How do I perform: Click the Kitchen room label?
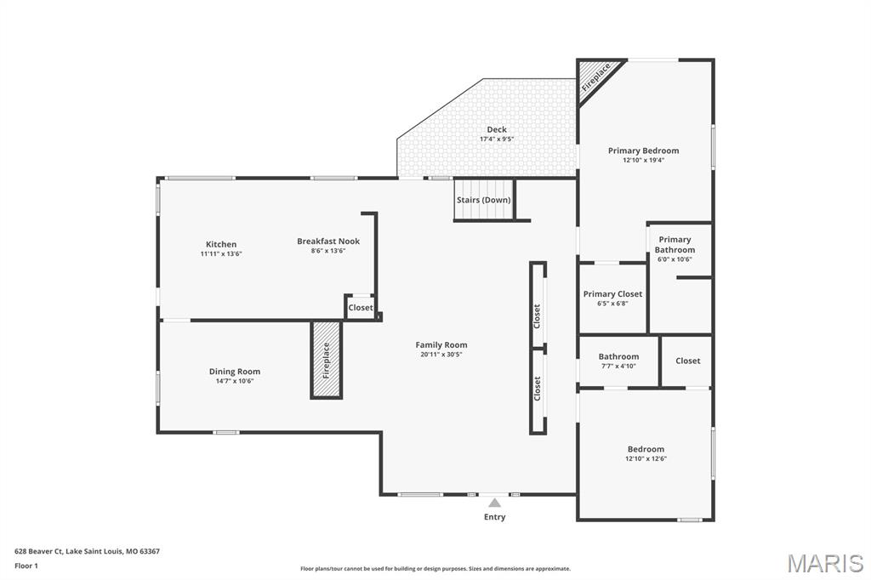tap(221, 244)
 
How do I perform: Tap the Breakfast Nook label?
tap(328, 241)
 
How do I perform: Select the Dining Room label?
tap(235, 371)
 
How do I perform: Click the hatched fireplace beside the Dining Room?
tap(326, 360)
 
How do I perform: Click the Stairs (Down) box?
tap(484, 200)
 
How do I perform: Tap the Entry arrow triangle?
tap(494, 503)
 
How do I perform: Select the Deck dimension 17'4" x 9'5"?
tap(497, 139)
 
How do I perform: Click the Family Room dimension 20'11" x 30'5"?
tap(441, 355)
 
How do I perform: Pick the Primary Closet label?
tap(612, 293)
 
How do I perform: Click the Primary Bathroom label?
tap(675, 244)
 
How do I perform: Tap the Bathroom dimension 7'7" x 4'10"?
tap(618, 366)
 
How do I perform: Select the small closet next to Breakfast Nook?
tap(361, 307)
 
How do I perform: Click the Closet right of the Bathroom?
tap(688, 361)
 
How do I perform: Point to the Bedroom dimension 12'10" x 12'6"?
tap(646, 458)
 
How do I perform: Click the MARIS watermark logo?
tap(825, 562)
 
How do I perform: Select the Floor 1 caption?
tap(26, 565)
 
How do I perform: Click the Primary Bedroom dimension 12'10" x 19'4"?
tap(643, 160)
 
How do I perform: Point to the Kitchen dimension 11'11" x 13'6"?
tap(221, 253)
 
